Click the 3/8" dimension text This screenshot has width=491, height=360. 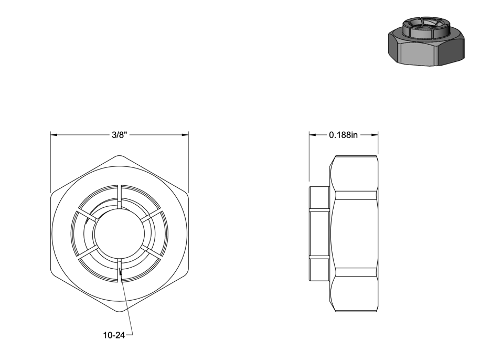(119, 135)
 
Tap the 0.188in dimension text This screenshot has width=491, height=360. (343, 135)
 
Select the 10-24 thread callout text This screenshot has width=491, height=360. (114, 335)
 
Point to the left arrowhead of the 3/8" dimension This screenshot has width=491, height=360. (54, 135)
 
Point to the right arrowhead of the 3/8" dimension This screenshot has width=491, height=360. (185, 135)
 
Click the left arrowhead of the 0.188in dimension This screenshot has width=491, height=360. (313, 135)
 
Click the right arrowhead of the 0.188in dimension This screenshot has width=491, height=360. (375, 135)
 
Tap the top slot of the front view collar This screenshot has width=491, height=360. (119, 196)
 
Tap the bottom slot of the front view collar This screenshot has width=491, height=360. (119, 271)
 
